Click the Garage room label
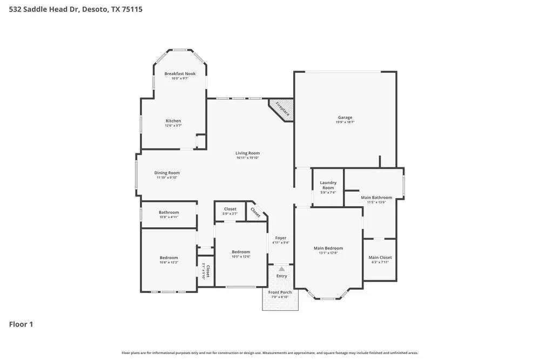[345, 117]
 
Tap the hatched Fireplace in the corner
[282, 109]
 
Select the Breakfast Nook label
[180, 73]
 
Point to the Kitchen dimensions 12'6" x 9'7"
[173, 126]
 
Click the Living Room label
[248, 153]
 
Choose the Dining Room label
[167, 173]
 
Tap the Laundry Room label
[328, 185]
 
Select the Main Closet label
[380, 257]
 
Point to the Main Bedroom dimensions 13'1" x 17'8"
[328, 253]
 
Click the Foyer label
[281, 238]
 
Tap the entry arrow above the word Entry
[281, 269]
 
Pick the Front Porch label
[280, 293]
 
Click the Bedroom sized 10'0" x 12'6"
[241, 252]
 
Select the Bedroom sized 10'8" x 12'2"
[168, 258]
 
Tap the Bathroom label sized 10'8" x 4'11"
[168, 212]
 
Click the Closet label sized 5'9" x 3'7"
[230, 209]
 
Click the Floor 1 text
[21, 324]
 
